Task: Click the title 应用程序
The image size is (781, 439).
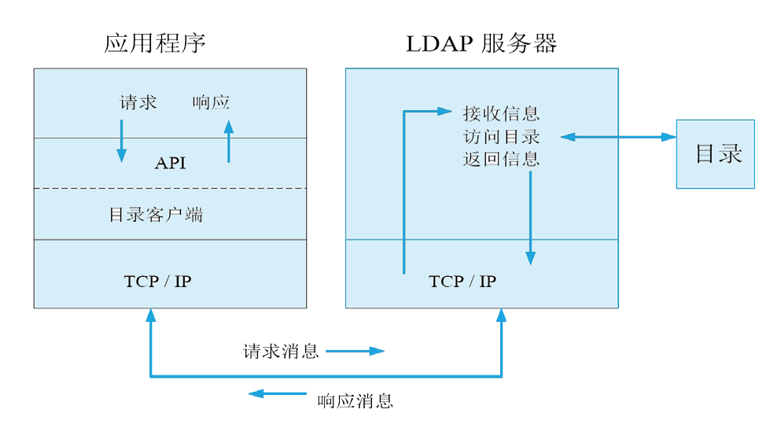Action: (x=155, y=43)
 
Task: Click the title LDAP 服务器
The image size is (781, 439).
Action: (x=481, y=43)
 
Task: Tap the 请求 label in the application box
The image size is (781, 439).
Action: (x=138, y=102)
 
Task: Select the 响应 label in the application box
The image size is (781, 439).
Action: (x=211, y=102)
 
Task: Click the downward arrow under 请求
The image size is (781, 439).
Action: (x=122, y=140)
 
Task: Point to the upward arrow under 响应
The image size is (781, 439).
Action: (x=229, y=142)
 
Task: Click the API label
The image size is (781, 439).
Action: (x=170, y=164)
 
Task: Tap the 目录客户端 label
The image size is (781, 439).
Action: (x=156, y=214)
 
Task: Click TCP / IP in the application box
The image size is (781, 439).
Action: (x=157, y=281)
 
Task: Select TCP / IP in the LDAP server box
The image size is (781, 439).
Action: (x=462, y=281)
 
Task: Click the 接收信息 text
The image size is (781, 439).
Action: (x=501, y=114)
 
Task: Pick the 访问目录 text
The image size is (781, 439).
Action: (x=501, y=137)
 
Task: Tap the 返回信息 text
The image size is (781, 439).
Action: (x=501, y=159)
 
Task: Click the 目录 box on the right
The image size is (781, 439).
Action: (x=715, y=153)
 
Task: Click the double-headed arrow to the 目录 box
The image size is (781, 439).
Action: (x=619, y=137)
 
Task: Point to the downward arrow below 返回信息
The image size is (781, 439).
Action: (x=530, y=216)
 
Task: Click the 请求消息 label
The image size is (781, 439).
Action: (x=281, y=351)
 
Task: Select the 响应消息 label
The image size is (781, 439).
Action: (x=355, y=400)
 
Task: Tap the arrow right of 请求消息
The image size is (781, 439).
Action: (x=355, y=351)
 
